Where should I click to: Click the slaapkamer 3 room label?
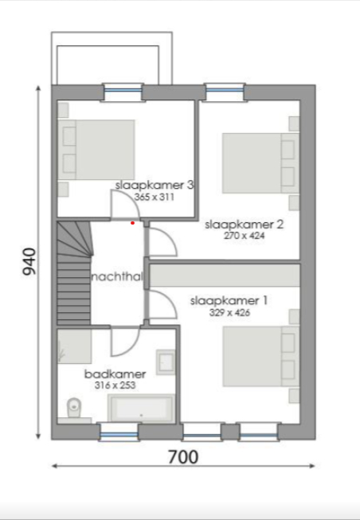click(x=155, y=185)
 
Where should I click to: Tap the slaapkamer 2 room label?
click(x=244, y=225)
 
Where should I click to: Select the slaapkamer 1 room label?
click(x=229, y=301)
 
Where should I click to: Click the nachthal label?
click(x=116, y=277)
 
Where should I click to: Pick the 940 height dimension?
click(x=29, y=261)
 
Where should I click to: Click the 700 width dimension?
click(x=184, y=457)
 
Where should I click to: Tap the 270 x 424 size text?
click(x=244, y=236)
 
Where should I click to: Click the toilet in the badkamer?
click(x=72, y=408)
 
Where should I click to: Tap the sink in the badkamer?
click(x=166, y=362)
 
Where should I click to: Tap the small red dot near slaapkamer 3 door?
click(x=132, y=224)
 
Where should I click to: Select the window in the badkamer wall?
click(x=119, y=432)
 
